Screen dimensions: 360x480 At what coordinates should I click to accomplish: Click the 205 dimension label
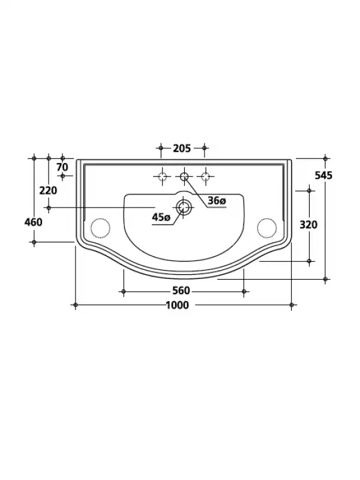(182, 148)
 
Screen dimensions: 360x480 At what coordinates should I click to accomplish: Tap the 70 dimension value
(62, 167)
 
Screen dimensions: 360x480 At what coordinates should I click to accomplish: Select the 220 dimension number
(48, 190)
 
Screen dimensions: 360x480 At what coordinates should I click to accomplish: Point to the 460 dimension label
(34, 222)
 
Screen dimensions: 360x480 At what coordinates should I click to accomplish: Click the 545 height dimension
(323, 175)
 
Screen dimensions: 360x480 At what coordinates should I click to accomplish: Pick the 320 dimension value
(308, 225)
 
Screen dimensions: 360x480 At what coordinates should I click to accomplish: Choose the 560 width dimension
(181, 290)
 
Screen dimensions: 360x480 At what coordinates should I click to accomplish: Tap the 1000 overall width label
(177, 305)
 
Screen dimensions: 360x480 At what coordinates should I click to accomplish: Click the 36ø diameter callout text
(217, 201)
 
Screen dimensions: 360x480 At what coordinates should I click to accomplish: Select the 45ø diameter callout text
(161, 217)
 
